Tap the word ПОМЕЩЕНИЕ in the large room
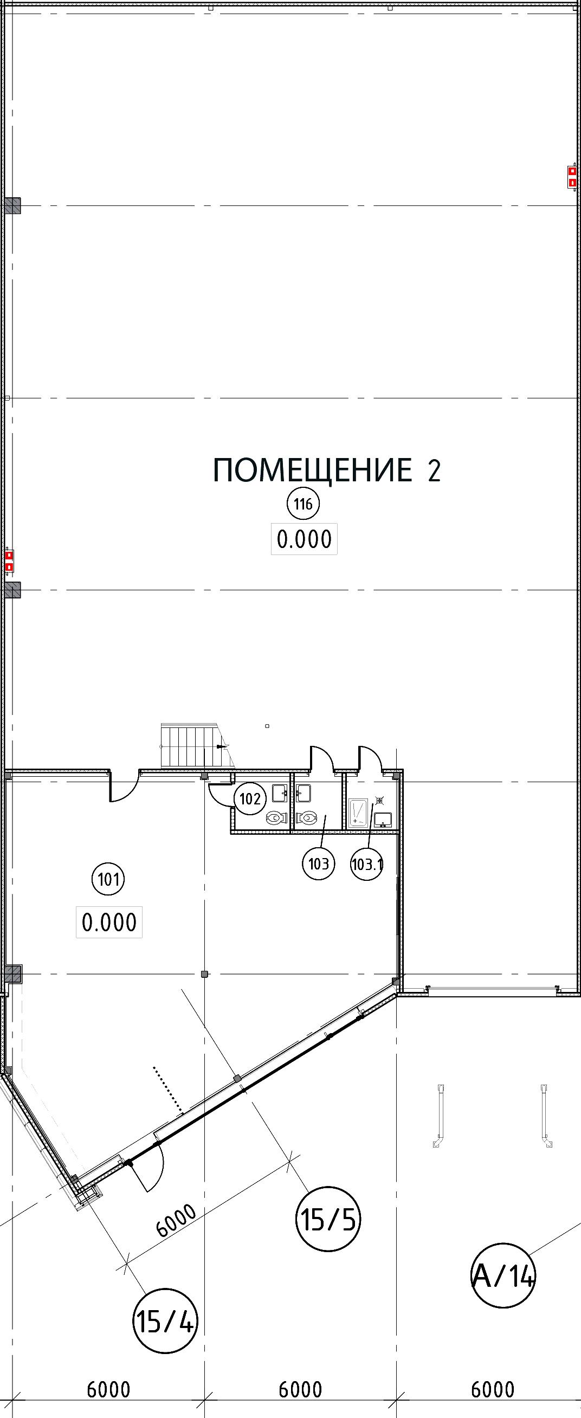[312, 470]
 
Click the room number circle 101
[108, 879]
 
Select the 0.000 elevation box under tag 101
[109, 921]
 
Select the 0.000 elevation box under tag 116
[304, 539]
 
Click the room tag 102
[250, 798]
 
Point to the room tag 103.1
[366, 863]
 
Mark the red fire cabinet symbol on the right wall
[572, 177]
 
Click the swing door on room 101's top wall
[124, 785]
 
